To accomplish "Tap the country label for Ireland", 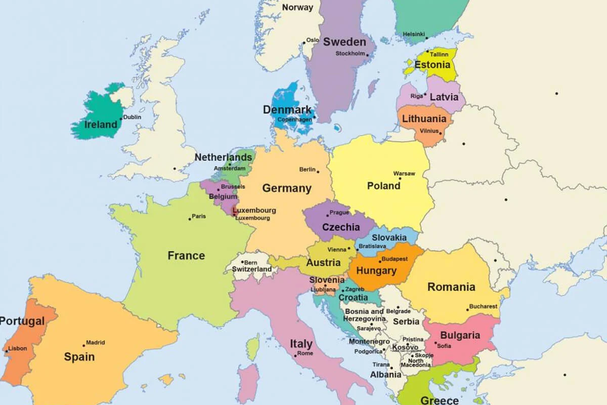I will (101, 125).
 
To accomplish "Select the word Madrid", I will (96, 342).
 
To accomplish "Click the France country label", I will (186, 256).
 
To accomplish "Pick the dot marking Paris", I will (190, 219).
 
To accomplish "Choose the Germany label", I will (286, 188).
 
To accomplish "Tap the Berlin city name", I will (307, 170).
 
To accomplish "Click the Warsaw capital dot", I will (400, 178).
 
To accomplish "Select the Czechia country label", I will (341, 227).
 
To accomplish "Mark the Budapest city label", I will (395, 259).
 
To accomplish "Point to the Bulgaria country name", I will (460, 335).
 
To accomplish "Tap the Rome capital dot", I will (295, 356).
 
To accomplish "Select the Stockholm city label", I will (350, 53).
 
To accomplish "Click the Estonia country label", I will (432, 65).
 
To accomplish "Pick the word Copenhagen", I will (294, 119).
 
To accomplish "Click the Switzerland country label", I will (252, 269).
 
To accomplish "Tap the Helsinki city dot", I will (426, 38).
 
